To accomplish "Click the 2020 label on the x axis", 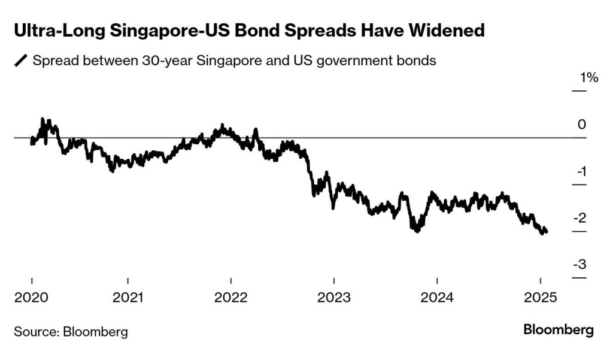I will point(31,297).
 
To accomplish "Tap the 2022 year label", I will point(230,297).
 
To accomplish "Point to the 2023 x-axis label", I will point(334,297).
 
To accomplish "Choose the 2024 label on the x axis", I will point(437,297).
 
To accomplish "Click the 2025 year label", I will point(541,297).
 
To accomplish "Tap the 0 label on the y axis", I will point(581,125).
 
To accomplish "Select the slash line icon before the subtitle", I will point(21,61).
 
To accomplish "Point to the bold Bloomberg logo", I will point(559,329).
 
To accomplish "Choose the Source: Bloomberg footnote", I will point(71,331).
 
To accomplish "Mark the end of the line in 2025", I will point(546,232).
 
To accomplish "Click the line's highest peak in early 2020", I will point(43,120).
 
